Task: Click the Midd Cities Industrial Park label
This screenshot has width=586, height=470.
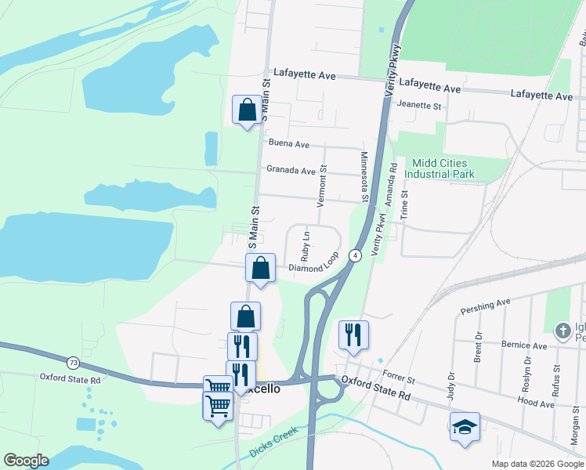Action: click(x=443, y=168)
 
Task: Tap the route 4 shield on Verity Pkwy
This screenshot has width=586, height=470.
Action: click(x=355, y=256)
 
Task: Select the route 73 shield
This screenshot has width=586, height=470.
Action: click(x=73, y=363)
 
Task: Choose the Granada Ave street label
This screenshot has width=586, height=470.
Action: click(x=290, y=170)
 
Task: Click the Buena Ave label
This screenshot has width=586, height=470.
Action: click(x=288, y=144)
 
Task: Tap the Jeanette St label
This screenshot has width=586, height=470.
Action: click(x=420, y=105)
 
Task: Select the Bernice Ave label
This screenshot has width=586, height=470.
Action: click(x=524, y=345)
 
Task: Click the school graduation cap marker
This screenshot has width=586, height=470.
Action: click(x=465, y=426)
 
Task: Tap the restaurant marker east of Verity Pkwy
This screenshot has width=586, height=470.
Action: click(x=353, y=334)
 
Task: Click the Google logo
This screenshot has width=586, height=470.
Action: click(x=26, y=461)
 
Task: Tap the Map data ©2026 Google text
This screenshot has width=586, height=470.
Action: click(x=537, y=464)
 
